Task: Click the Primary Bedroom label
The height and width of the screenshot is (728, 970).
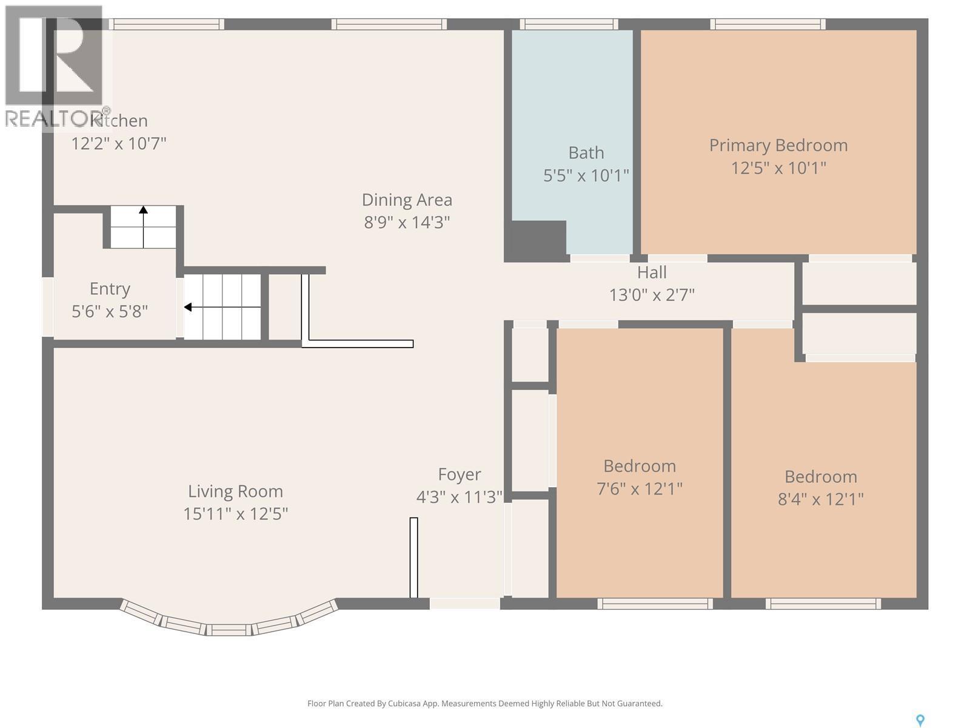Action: click(x=778, y=146)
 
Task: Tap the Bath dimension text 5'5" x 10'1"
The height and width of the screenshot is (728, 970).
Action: click(x=586, y=176)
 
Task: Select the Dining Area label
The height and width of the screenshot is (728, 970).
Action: click(x=407, y=200)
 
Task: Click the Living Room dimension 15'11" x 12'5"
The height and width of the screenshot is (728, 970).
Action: click(x=235, y=514)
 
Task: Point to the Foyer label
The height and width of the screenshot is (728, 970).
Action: click(x=460, y=474)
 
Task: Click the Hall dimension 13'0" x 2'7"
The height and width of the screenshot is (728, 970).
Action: click(x=652, y=295)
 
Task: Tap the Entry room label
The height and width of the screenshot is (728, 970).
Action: click(x=110, y=289)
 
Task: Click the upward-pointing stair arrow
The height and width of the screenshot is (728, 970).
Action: click(x=143, y=211)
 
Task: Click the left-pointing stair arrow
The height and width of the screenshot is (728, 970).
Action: click(x=189, y=307)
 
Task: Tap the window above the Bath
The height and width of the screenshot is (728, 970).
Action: click(x=569, y=24)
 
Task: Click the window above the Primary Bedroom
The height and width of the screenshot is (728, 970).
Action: click(x=768, y=24)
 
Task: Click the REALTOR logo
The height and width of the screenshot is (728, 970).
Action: click(x=55, y=67)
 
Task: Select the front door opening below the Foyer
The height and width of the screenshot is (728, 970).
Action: click(x=464, y=604)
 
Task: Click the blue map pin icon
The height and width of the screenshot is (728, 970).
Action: click(x=920, y=720)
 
